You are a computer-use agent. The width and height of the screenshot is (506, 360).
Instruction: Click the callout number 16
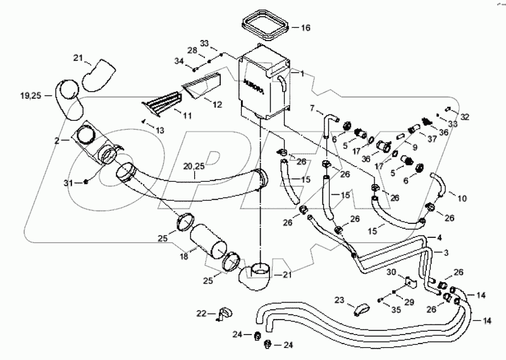pos(305,28)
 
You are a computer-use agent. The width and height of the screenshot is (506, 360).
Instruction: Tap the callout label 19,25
pos(31,96)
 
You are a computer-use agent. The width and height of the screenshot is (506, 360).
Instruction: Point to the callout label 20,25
pos(194,167)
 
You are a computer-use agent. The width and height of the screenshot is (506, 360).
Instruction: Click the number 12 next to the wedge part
pos(216,104)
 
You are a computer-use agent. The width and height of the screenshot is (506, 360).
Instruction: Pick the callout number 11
pos(187,116)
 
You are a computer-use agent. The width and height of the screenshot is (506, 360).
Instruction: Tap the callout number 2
pos(57,141)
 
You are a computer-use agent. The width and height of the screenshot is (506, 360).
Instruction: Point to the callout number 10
pos(462,199)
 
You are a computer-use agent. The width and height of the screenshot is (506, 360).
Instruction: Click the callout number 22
pos(201,313)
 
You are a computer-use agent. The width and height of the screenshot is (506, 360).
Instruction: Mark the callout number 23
pos(339,301)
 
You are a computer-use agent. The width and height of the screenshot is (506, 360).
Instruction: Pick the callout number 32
pos(465,117)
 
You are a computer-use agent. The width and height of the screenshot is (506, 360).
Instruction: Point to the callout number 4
pos(438,238)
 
